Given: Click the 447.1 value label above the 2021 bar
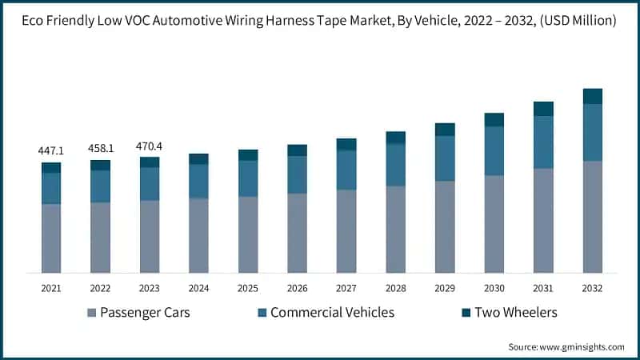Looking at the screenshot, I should click(x=51, y=150).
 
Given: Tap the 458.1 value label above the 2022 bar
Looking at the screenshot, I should click(x=100, y=148).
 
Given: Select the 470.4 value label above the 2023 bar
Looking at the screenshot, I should click(x=150, y=146).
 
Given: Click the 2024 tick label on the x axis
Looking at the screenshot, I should click(x=198, y=287).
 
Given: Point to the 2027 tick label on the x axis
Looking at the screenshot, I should click(x=346, y=287).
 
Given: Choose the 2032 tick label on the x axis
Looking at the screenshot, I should click(x=592, y=287).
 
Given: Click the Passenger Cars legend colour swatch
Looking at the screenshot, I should click(x=90, y=312).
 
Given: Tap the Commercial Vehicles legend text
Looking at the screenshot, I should click(x=332, y=312).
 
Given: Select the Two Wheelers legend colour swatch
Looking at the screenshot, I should click(x=466, y=312).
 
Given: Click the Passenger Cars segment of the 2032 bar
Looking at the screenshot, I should click(x=592, y=216).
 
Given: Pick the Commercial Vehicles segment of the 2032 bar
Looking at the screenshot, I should click(x=592, y=132).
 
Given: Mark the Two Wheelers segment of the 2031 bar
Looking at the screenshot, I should click(x=543, y=109).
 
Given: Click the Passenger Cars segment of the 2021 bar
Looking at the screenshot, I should click(x=51, y=238).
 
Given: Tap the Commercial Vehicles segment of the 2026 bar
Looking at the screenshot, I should click(x=297, y=174).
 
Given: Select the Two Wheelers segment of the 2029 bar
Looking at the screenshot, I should click(x=445, y=130).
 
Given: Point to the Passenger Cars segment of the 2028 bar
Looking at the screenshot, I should click(x=395, y=229).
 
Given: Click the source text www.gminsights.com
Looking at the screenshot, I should click(x=583, y=346).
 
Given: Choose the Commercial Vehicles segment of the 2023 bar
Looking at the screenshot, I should click(x=150, y=183).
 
